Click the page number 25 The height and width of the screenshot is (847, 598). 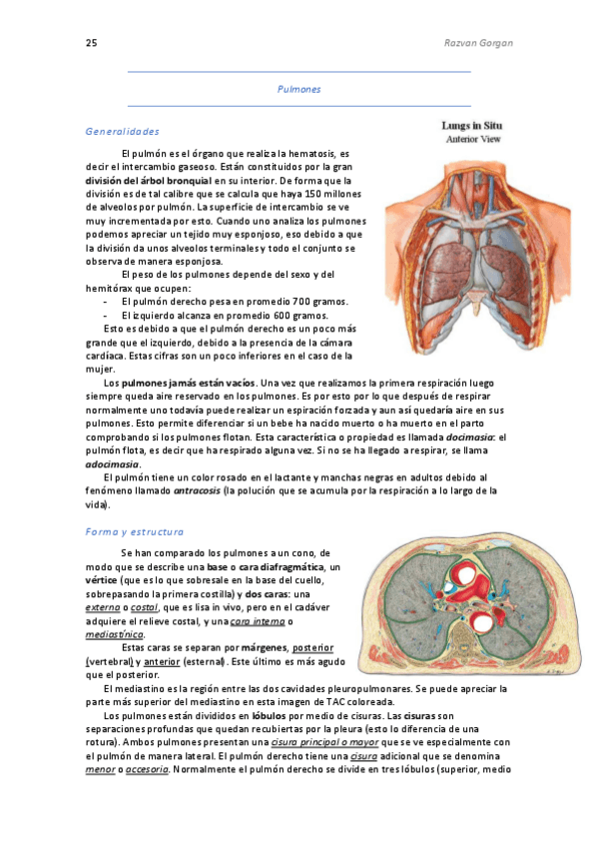pos(91,43)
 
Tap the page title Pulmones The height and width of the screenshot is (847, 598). pos(299,89)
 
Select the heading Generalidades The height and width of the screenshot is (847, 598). pos(122,131)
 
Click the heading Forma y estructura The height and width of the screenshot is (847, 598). pos(134,531)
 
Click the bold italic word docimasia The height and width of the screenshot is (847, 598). pos(471,436)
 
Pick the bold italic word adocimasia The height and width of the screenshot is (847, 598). pos(112,463)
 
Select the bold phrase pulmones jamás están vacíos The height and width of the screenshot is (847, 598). pos(189,383)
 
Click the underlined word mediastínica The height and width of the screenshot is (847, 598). pos(115,633)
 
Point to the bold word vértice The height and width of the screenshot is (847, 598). pos(102,579)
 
